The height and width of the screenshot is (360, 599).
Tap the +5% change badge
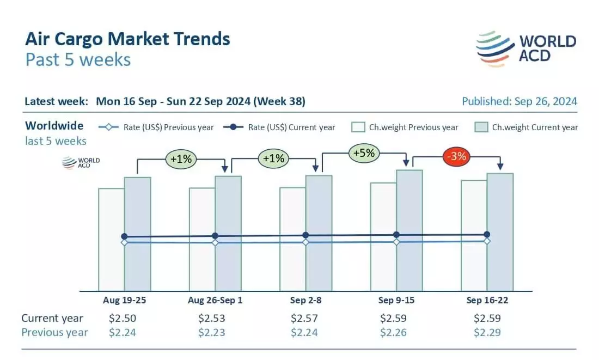point(364,153)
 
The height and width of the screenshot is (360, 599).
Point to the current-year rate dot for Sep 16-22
point(487,234)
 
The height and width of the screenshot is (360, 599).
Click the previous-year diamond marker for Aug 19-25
point(124,242)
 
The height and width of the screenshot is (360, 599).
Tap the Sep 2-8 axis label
point(305,300)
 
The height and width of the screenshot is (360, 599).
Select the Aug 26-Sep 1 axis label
point(215,300)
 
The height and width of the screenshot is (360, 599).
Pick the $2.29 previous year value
point(487,332)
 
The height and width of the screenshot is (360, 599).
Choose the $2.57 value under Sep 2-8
point(305,318)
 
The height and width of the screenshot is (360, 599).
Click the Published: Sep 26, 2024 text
point(519,101)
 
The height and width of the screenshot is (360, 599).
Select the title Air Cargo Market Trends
point(127,39)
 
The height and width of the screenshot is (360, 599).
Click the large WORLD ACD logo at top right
point(525,48)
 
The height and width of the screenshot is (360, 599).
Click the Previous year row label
point(54,332)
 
